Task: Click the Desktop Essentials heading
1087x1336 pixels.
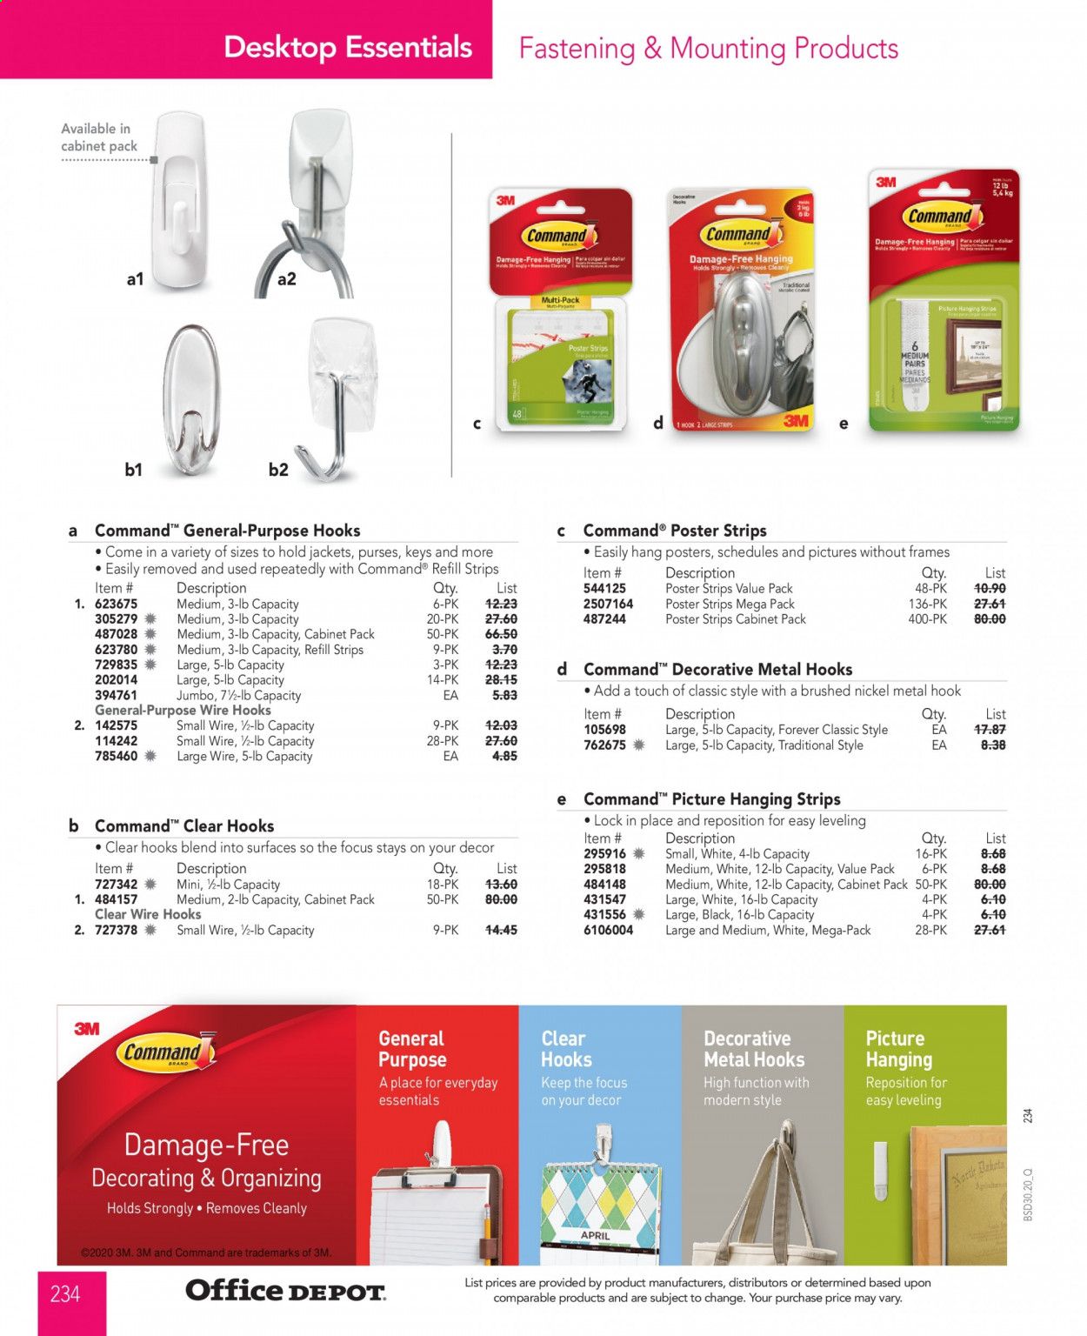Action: (347, 47)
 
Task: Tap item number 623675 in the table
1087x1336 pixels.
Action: (116, 604)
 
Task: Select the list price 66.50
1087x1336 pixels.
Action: (501, 634)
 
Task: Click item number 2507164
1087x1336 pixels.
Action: (608, 604)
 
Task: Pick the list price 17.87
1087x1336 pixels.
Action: (990, 730)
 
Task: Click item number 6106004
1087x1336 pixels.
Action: (608, 930)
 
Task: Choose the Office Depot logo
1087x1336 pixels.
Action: (285, 1290)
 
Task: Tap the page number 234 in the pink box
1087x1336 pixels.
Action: (65, 1294)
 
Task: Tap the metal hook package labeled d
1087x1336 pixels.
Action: (742, 313)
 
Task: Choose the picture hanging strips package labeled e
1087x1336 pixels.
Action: (944, 300)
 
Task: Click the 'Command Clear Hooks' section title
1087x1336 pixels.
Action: (183, 825)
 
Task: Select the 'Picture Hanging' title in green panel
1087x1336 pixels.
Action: (898, 1049)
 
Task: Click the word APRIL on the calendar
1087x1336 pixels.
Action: (596, 1234)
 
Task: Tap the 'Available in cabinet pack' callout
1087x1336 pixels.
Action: (99, 137)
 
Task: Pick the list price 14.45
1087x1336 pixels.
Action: (501, 930)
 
